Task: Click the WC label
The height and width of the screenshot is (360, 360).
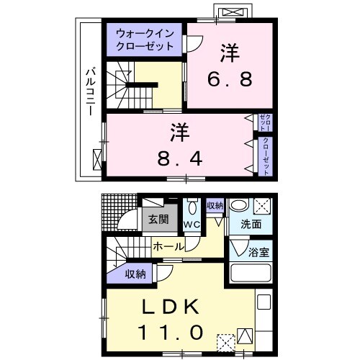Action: (192, 225)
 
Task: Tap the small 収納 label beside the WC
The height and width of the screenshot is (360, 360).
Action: (215, 205)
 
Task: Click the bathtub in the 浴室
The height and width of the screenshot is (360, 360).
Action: (250, 274)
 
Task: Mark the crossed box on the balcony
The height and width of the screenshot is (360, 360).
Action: (98, 159)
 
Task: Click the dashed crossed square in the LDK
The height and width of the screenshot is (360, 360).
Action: (225, 340)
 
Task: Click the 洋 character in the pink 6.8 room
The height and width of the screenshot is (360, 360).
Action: (230, 53)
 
